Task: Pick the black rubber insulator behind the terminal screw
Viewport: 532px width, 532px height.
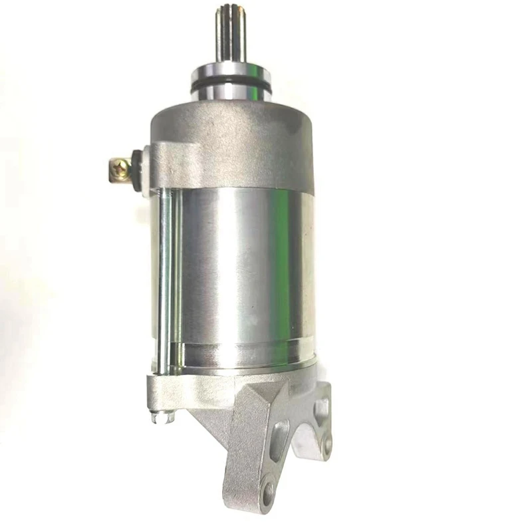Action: [x=136, y=170]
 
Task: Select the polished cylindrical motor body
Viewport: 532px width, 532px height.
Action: [x=246, y=273]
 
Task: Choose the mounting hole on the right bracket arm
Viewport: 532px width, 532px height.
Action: [x=326, y=445]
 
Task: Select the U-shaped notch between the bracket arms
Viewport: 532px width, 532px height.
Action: [x=303, y=442]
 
